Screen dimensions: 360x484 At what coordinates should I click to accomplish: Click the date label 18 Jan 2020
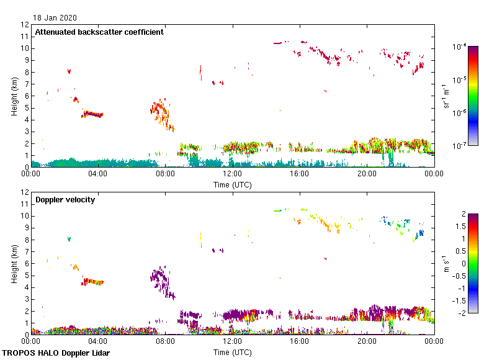pos(55,18)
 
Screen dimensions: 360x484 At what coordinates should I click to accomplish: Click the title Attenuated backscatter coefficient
pos(99,32)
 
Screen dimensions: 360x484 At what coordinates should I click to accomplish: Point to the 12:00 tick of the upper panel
pos(233,174)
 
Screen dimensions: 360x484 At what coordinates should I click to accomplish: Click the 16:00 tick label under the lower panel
pos(300,341)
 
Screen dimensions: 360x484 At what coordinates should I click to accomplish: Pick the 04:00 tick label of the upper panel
pos(98,174)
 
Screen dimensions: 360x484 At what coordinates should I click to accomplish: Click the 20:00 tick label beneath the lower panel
pos(367,341)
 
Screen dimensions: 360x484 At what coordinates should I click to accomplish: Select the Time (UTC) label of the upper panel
pos(233,184)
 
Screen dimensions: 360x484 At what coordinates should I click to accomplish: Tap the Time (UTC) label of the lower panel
pos(233,352)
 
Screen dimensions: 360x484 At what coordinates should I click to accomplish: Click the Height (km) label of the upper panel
pos(14,96)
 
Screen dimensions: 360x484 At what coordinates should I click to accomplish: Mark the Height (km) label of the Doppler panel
pos(14,263)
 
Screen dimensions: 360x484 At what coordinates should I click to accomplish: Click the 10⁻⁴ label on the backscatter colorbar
pos(460,47)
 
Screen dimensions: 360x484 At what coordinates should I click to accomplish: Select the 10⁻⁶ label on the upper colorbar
pos(460,112)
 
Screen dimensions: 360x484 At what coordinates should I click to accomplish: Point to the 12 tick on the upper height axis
pos(25,25)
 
